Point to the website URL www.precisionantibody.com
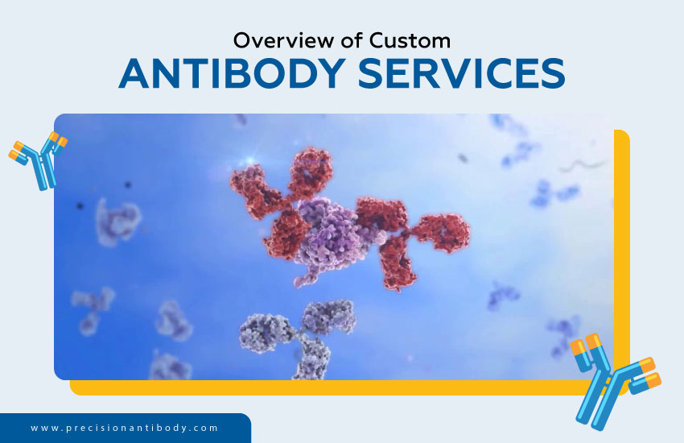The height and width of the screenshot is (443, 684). [125, 428]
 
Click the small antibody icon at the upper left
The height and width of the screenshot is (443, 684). [38, 159]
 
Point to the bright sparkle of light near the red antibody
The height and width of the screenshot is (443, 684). [256, 159]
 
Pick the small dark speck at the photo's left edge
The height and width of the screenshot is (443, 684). [80, 206]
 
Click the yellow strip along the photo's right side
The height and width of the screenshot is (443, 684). [621, 242]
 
